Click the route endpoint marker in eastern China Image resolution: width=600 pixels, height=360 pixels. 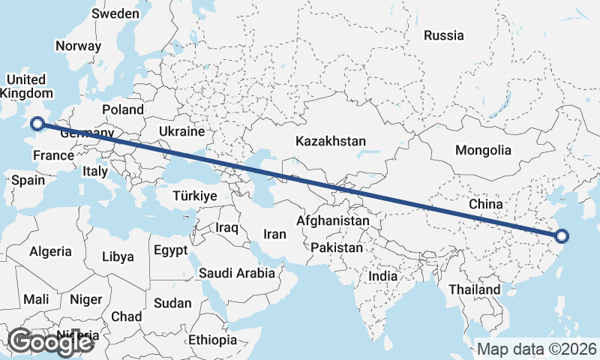(x=563, y=236)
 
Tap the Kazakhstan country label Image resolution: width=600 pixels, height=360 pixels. (x=330, y=141)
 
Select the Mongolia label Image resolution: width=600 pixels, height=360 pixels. (x=483, y=150)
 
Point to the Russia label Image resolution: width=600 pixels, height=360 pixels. (x=443, y=35)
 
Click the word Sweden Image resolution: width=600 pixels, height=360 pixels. (x=115, y=13)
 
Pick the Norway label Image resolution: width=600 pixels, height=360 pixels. (x=78, y=46)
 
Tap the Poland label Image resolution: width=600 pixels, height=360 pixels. (x=123, y=109)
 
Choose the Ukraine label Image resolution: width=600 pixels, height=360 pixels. (x=181, y=131)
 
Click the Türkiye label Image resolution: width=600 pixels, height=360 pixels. (x=193, y=196)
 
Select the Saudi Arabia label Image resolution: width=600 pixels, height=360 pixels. (x=236, y=273)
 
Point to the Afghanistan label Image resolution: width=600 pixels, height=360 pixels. (x=333, y=221)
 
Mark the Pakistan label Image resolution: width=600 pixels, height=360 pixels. (x=337, y=247)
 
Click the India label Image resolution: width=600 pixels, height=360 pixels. (x=382, y=276)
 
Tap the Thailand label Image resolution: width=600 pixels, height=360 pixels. (x=474, y=289)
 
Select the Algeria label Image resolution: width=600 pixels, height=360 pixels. (x=50, y=252)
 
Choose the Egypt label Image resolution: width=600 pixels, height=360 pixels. (x=171, y=250)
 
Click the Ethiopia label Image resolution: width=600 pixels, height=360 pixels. (x=212, y=340)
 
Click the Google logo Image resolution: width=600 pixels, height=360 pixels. (x=49, y=342)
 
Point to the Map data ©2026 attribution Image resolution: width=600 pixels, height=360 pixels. (x=536, y=349)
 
